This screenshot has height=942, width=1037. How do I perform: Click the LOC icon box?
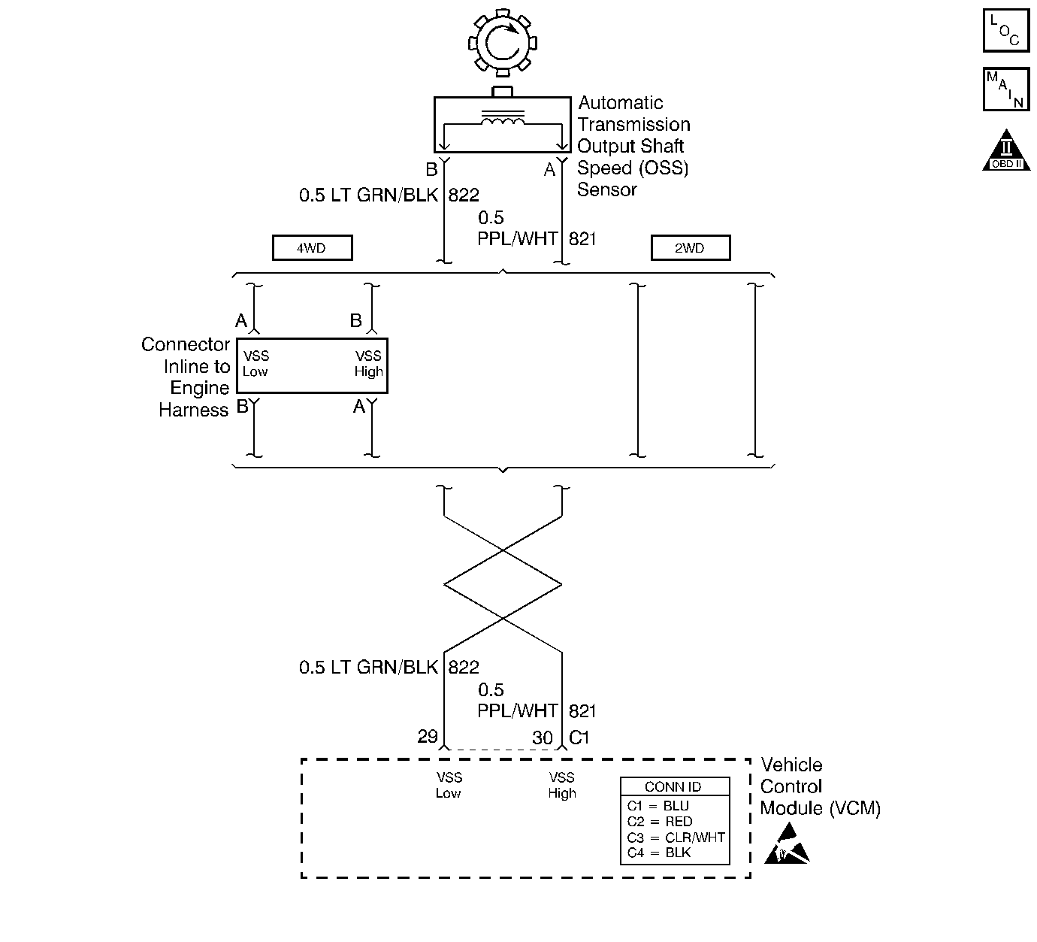(x=1006, y=30)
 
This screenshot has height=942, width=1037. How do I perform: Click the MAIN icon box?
(x=1006, y=89)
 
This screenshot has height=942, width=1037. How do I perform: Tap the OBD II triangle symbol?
(x=1005, y=153)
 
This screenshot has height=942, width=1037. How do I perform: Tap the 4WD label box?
(x=312, y=248)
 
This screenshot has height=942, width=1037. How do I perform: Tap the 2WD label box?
(x=690, y=248)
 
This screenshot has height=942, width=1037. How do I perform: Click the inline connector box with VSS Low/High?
(x=312, y=365)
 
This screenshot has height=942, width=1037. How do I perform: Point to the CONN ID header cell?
(x=674, y=787)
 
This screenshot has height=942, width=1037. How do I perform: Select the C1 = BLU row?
(x=658, y=806)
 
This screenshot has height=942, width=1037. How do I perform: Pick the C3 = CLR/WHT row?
(x=676, y=837)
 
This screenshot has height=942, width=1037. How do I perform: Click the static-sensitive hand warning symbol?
(x=787, y=844)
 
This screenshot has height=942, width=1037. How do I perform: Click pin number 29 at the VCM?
(x=428, y=736)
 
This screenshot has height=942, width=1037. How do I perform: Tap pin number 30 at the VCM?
(x=542, y=738)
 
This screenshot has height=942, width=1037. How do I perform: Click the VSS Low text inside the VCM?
(x=449, y=785)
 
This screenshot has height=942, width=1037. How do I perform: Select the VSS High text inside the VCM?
(x=561, y=785)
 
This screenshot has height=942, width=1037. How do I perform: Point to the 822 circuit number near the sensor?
(x=464, y=195)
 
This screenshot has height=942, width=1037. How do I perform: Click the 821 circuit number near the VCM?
(x=582, y=711)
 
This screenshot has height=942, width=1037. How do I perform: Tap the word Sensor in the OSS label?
(x=606, y=189)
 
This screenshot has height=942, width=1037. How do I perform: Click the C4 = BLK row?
(x=658, y=853)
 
